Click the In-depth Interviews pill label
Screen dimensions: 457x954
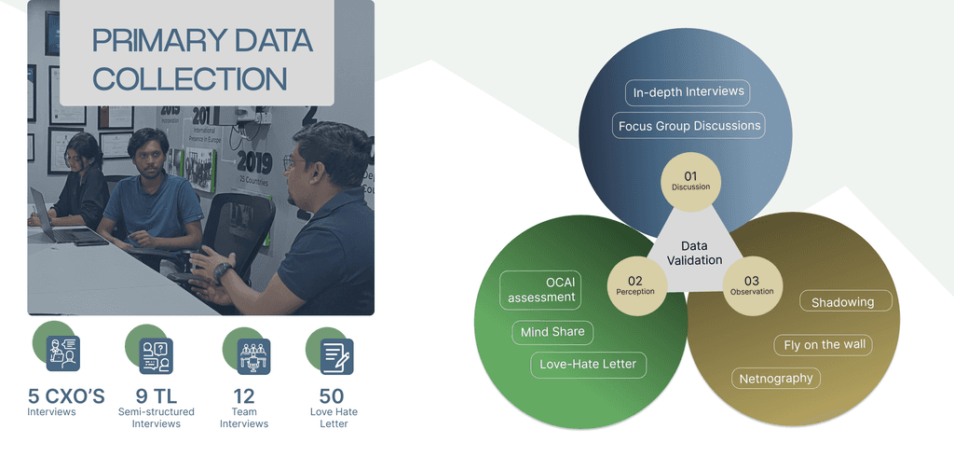coord(688,92)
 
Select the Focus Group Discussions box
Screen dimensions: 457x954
coord(689,125)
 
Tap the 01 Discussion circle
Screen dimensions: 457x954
coord(690,180)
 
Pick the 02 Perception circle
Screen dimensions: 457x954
coord(635,285)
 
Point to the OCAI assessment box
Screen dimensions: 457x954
coord(541,289)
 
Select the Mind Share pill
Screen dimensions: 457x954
coord(552,331)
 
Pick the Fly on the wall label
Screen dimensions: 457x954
coord(825,344)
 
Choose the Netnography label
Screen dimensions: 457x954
coord(776,378)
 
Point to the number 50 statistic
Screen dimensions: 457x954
coord(332,396)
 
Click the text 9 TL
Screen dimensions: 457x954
coord(156,396)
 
